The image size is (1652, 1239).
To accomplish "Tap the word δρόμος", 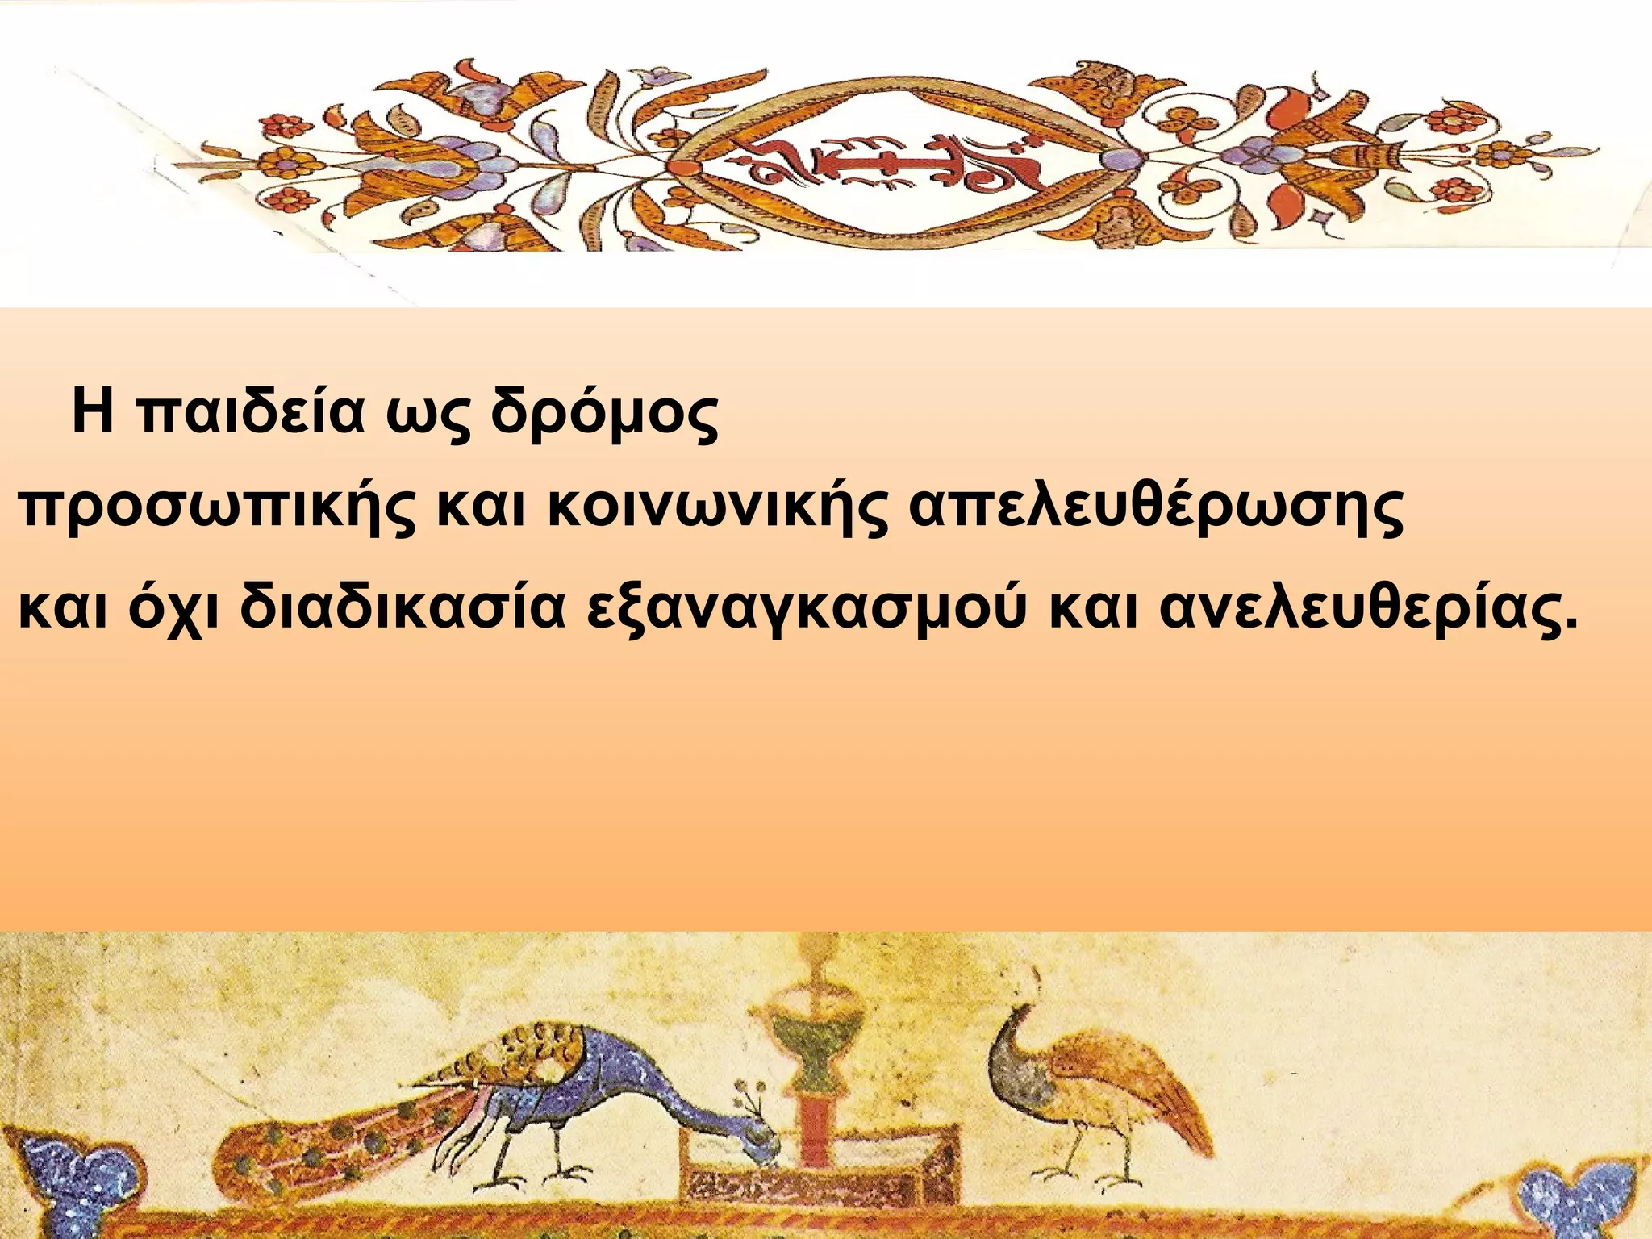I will tap(603, 414).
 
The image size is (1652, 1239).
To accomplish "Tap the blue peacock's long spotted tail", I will tap(323, 1129).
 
